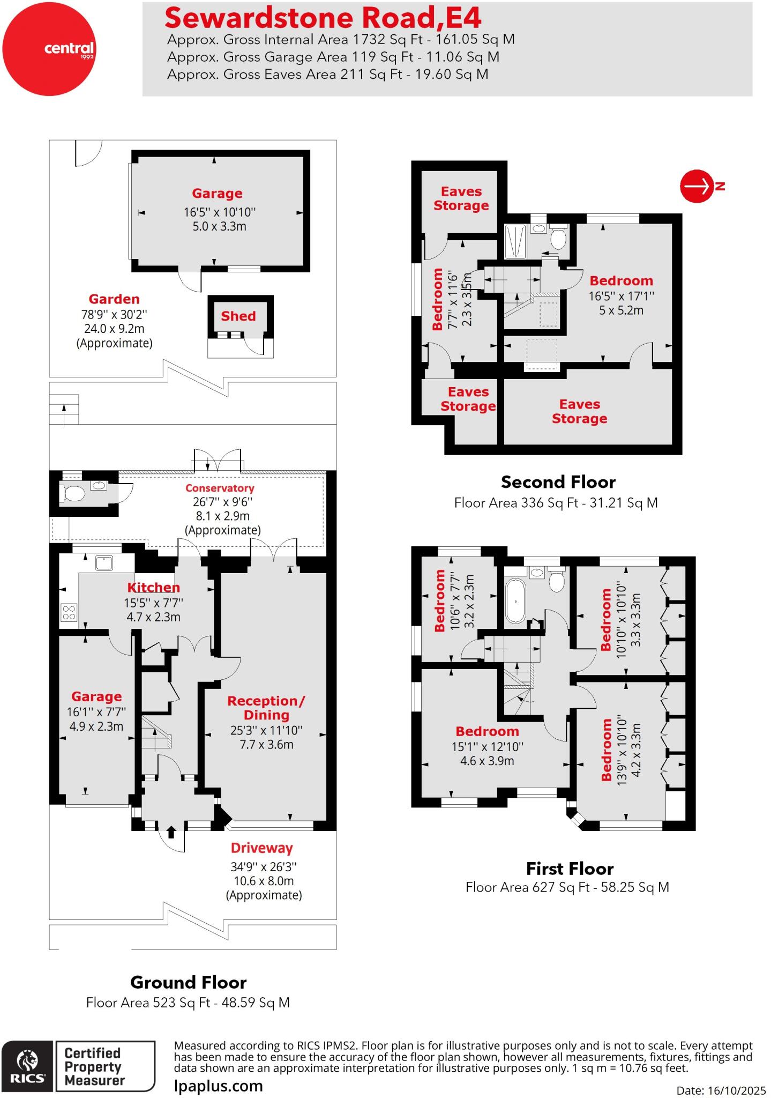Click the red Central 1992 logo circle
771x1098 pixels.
[49, 49]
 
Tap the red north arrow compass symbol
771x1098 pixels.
[697, 187]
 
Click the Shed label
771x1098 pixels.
[238, 316]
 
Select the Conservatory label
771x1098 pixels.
[220, 488]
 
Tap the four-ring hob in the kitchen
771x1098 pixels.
[69, 612]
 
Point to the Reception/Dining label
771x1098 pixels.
[266, 708]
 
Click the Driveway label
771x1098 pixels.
[262, 848]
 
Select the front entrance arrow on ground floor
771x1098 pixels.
[171, 832]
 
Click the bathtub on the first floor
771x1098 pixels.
[515, 600]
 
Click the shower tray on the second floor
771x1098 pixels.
[515, 241]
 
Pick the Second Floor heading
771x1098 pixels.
[558, 482]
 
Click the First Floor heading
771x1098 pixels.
[570, 869]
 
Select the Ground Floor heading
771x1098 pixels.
[188, 982]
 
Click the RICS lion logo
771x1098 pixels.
[27, 1062]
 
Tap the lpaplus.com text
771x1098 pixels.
[219, 1086]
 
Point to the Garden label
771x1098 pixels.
[114, 299]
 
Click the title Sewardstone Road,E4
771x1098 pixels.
[323, 18]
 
